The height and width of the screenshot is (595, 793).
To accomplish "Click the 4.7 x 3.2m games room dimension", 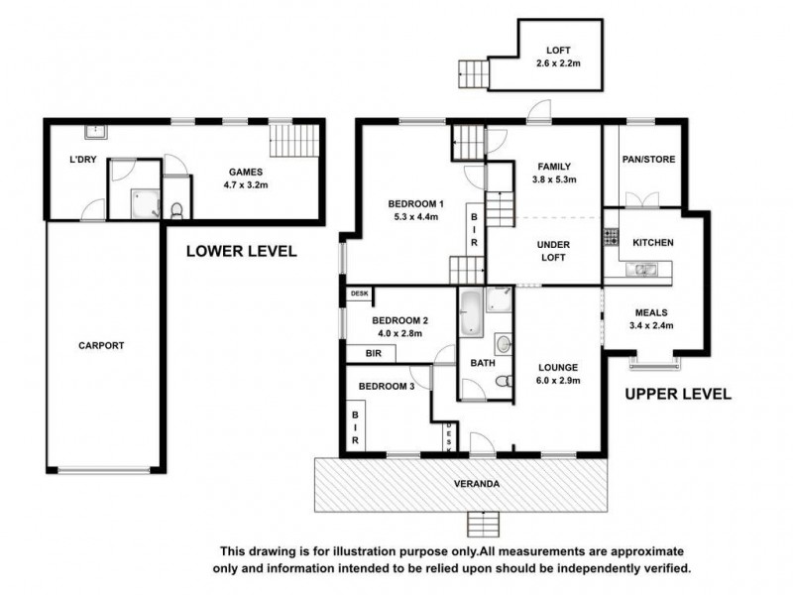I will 243,183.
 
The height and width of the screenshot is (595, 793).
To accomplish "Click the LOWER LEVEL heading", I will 241,252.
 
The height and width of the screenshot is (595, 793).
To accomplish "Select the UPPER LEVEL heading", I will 677,394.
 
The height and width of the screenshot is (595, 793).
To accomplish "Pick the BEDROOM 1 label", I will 414,204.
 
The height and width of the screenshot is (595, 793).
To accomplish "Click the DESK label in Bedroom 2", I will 357,294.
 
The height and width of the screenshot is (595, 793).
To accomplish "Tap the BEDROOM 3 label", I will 385,386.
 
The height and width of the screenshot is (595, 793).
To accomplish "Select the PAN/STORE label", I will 649,158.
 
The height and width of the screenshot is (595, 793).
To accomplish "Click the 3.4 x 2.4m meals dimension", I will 652,324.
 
